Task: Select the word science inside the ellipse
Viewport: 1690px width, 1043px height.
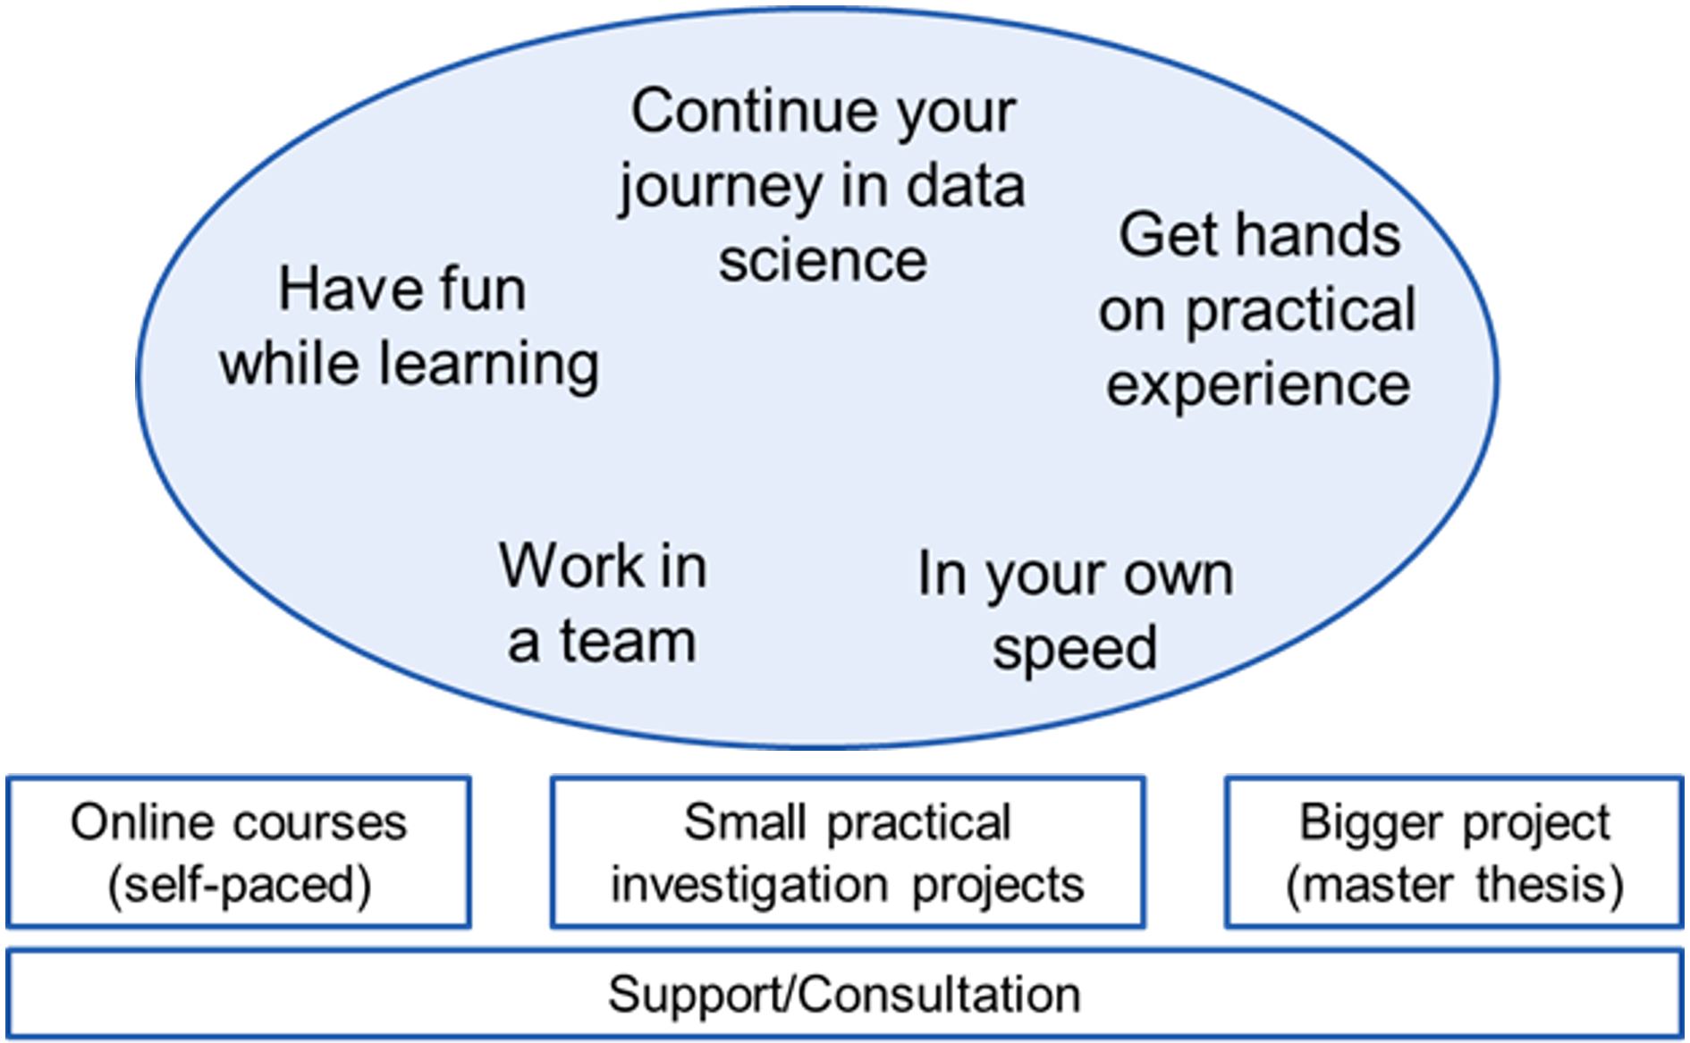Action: (x=823, y=260)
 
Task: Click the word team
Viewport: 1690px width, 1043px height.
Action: (x=628, y=641)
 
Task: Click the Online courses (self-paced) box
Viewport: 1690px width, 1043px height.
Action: (x=239, y=852)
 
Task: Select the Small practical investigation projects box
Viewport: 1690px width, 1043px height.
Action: (x=848, y=852)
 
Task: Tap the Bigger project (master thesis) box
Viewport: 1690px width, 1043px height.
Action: (x=1454, y=852)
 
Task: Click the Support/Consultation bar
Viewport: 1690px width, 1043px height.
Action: (x=845, y=995)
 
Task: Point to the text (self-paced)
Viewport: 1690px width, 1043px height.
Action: (x=239, y=886)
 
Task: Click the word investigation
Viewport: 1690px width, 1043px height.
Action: (x=749, y=886)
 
